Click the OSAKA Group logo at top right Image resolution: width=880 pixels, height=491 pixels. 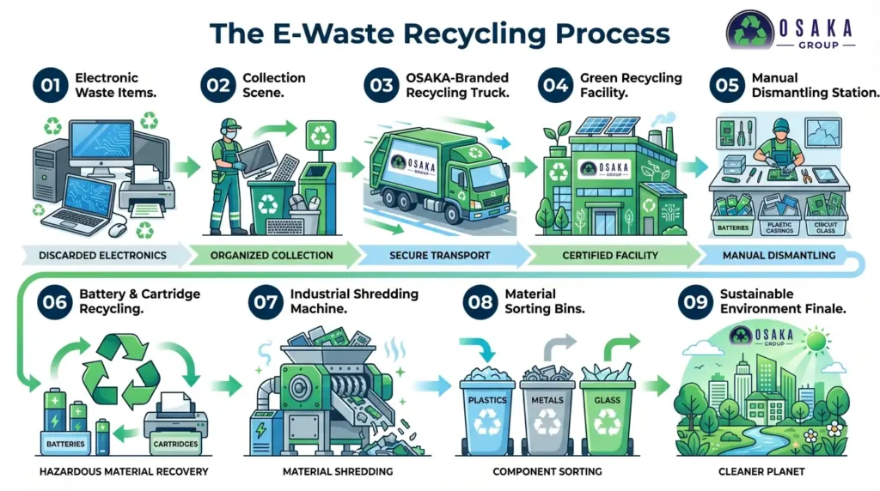pos(790,30)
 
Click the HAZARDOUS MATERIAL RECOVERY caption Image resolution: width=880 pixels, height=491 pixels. pos(123,471)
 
